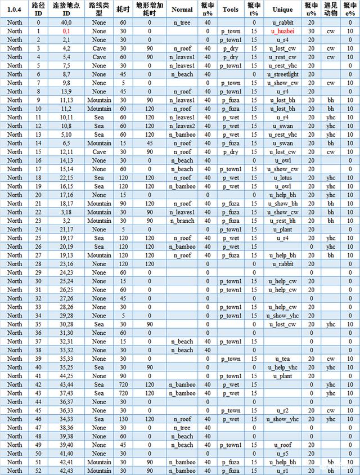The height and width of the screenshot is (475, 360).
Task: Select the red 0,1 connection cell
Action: [66, 32]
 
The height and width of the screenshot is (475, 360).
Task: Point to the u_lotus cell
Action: [282, 178]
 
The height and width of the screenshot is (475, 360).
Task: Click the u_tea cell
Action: [282, 359]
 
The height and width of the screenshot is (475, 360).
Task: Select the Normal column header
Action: [182, 10]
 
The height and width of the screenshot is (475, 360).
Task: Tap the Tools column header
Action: [231, 10]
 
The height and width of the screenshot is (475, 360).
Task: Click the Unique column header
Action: [282, 10]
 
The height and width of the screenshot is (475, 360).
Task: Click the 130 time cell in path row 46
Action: [122, 419]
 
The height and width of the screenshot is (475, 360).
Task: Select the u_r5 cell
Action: [282, 454]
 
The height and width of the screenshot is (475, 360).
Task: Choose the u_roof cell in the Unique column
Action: [282, 445]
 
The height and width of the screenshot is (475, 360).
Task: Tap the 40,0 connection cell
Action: [66, 23]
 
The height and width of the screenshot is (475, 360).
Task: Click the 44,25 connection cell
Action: [66, 376]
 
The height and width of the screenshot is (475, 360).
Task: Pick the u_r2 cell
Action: [282, 411]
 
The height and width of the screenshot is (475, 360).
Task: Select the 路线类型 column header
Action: [99, 10]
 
